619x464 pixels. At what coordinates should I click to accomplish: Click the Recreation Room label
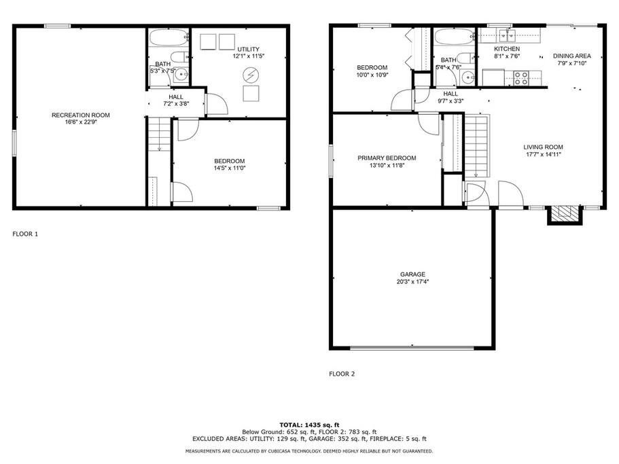[x=81, y=115]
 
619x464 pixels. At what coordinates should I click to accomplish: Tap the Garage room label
[x=412, y=274]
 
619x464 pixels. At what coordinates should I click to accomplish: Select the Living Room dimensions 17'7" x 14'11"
[x=543, y=154]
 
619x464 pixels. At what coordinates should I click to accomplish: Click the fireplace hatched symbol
[x=565, y=213]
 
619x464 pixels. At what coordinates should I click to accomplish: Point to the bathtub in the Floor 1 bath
[x=169, y=38]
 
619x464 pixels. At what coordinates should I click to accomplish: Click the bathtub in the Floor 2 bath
[x=455, y=37]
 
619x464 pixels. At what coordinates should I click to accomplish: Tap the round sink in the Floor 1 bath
[x=181, y=74]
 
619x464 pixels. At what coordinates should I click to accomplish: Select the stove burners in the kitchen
[x=521, y=77]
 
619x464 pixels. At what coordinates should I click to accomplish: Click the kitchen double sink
[x=507, y=35]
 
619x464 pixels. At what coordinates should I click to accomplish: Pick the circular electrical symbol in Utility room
[x=250, y=74]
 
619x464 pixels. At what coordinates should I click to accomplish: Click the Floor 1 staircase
[x=159, y=134]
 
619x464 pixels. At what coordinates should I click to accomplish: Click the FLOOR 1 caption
[x=25, y=234]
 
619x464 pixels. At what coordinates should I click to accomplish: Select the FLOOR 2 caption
[x=342, y=374]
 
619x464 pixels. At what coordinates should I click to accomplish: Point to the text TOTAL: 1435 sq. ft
[x=310, y=425]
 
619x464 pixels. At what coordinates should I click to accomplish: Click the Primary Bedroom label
[x=387, y=158]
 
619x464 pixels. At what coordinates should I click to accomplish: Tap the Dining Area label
[x=571, y=56]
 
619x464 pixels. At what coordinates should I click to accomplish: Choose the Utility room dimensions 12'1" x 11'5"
[x=248, y=56]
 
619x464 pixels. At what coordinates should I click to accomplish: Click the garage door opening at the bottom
[x=412, y=348]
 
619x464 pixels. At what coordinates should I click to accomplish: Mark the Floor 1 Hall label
[x=176, y=97]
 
